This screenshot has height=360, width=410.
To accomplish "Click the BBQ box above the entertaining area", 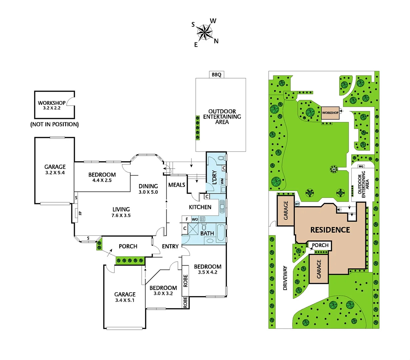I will pos(216,75).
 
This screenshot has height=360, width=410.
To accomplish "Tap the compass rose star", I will pos(205,33).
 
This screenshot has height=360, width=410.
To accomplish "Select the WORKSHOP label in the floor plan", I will pos(52,103).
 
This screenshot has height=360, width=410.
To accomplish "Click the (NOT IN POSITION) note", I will pos(55,124).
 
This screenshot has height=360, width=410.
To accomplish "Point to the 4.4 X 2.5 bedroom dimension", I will pos(102,180).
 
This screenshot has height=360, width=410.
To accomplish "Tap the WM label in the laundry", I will pos(222,181).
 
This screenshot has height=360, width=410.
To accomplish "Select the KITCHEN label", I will pos(200,207).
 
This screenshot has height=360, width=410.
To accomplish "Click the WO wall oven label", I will pos(195,219).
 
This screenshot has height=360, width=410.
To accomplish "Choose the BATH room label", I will pos(207,233).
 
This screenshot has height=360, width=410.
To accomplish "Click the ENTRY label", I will pos(170,246).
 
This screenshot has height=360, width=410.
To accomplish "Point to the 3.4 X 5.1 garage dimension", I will pos(125,300).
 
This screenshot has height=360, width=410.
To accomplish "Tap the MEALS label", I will pos(177,185).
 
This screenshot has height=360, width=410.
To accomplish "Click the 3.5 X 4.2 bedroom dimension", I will pos(208,272).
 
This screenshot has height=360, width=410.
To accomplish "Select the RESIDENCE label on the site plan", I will pos(330,230).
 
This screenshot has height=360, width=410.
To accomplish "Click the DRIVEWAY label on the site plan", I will pos(285,278).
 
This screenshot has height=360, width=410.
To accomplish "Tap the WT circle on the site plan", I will pos(297,204).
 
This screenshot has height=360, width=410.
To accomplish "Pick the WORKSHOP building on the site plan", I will pos(330,113).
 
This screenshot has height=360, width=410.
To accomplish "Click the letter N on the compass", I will pos(216,41).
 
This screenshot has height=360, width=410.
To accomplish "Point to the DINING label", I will pos(148,186).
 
